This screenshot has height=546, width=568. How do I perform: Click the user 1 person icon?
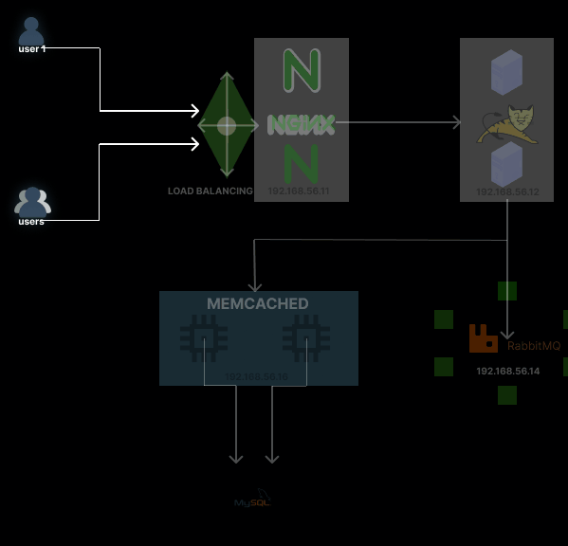pos(31,30)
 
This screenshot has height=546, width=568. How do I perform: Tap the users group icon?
pos(32,202)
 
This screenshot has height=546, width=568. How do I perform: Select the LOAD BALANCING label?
pos(210,191)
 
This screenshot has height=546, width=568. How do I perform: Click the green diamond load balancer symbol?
pos(227,125)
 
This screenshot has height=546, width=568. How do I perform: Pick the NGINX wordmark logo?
pos(301,124)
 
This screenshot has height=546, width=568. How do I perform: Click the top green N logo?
pos(302,69)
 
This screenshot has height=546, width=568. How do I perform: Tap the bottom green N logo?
pos(301,162)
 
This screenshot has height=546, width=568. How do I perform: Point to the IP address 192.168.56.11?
pos(298,191)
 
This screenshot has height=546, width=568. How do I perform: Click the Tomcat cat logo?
pos(506,122)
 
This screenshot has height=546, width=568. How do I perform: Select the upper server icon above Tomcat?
pos(506,72)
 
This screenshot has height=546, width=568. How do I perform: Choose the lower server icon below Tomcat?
pos(506,165)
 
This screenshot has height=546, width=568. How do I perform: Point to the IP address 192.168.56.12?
pos(507,192)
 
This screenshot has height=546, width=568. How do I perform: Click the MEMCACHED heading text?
pos(258,304)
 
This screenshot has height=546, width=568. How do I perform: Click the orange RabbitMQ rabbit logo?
pos(484,338)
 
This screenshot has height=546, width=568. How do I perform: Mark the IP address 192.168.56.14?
pos(507,371)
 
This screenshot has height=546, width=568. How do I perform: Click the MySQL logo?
pos(253,500)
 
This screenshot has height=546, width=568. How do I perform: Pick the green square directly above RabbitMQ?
pos(507,291)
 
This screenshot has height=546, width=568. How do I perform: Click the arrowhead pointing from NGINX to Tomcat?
pos(455,123)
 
